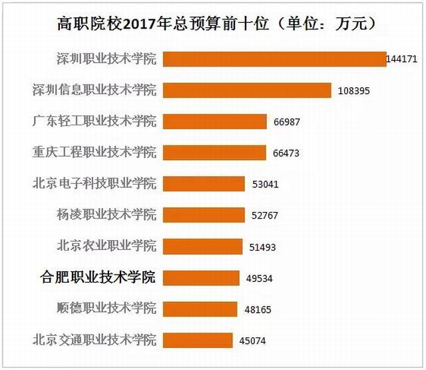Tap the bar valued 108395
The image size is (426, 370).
pos(247,90)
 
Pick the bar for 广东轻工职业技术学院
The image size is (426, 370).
pos(214,121)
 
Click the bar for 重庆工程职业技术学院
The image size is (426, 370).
pos(214,153)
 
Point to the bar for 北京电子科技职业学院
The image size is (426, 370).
pos(204,184)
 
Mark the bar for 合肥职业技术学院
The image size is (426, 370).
pos(201,278)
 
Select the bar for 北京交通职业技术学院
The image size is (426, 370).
pos(198,341)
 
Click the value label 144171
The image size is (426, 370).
pos(401,59)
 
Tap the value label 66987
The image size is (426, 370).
pos(286,122)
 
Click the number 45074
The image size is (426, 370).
pos(253,341)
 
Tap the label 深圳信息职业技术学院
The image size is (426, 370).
pos(95,90)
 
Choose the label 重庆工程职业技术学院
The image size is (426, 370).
pos(95,152)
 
